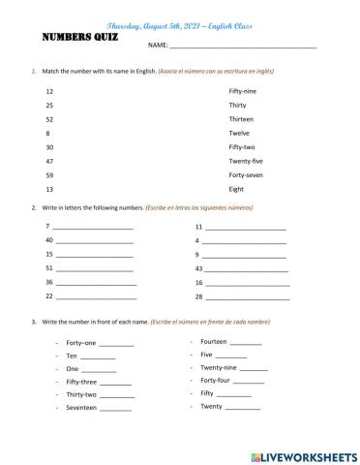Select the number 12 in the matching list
tap(48, 89)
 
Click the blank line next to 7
tap(93, 227)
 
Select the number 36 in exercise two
tap(48, 282)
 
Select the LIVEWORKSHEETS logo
tap(302, 454)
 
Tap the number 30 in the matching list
tap(48, 147)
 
